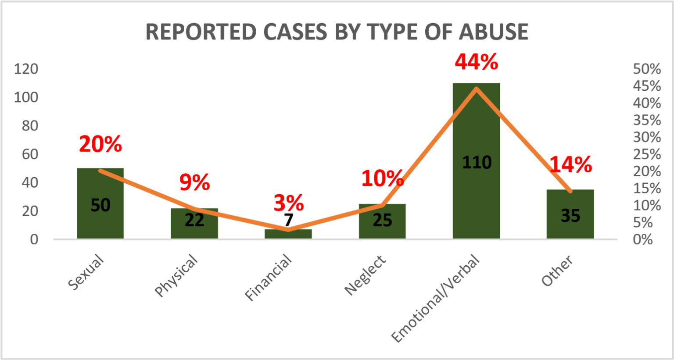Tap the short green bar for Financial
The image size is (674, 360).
coord(289,234)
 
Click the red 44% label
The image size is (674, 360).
coord(477,62)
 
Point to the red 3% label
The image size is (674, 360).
coord(289,203)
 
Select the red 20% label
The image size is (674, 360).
coord(100,144)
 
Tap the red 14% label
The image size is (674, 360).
coord(570,165)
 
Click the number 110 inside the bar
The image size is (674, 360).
coord(477,163)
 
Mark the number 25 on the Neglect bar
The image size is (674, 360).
coord(382,220)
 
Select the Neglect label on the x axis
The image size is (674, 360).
coord(365,275)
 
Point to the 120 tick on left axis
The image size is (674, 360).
coord(26,69)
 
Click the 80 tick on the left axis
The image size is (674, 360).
coord(29,126)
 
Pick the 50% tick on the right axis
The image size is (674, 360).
coord(647,69)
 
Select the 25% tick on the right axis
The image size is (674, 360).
coord(647,154)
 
